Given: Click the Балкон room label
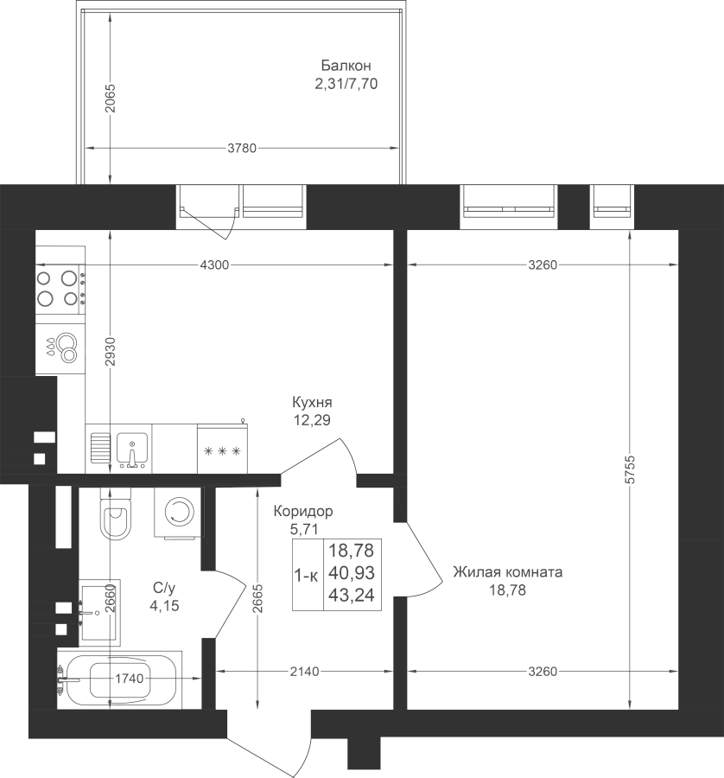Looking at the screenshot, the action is (x=346, y=66).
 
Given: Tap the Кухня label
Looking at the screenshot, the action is (x=312, y=401).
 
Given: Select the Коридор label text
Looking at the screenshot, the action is (x=303, y=511).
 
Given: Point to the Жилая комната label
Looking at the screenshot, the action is (x=508, y=572).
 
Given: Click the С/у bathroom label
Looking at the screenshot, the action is (x=164, y=589).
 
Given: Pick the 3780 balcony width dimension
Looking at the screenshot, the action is (x=242, y=148).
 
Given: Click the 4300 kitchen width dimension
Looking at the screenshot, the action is (x=215, y=265).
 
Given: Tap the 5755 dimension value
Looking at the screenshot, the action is (x=630, y=469).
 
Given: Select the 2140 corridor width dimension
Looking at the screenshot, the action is (x=304, y=672).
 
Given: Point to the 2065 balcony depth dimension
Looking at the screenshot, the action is (x=110, y=97).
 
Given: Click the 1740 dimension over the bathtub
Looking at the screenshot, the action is (x=130, y=679).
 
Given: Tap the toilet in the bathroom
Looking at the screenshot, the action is (x=116, y=513).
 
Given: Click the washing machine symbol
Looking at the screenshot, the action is (x=179, y=512).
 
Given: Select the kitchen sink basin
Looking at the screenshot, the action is (x=132, y=449).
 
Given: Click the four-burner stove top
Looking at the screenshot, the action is (x=58, y=288).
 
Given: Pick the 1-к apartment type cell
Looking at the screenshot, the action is (x=307, y=576).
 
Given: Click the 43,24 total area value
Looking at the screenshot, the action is (x=352, y=595).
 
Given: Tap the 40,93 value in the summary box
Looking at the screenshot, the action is (x=352, y=572).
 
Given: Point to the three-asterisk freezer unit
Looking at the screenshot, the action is (x=222, y=448).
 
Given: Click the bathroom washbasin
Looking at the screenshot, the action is (x=99, y=613).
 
